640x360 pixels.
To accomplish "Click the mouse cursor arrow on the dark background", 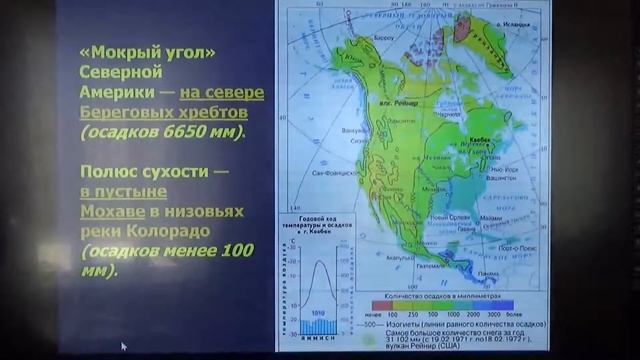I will point(123,346).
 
